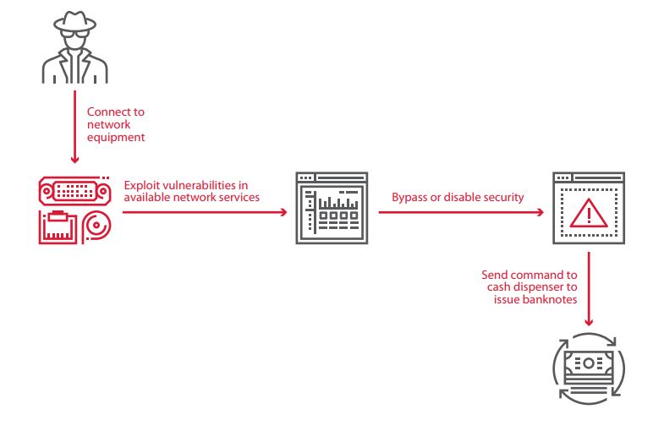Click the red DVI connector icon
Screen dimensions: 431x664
click(75, 191)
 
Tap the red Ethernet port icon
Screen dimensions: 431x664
click(58, 226)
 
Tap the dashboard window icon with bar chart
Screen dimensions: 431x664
click(331, 209)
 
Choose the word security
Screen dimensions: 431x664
click(502, 198)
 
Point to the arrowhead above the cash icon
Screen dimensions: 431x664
click(590, 322)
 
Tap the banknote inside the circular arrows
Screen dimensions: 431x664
click(588, 365)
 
